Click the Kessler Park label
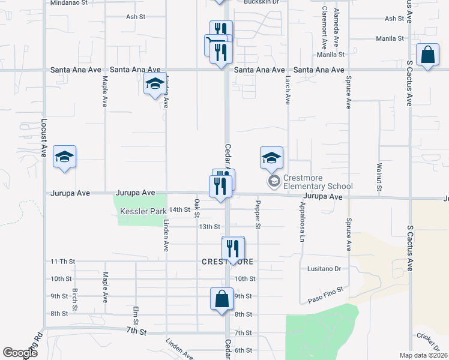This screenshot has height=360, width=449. point(143,212)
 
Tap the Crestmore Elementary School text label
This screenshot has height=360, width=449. point(318,181)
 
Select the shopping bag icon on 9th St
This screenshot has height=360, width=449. point(221,299)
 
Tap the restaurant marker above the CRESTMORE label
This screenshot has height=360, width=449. point(233,248)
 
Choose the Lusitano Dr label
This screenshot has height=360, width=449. point(324,269)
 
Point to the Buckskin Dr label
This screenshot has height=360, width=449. point(262,2)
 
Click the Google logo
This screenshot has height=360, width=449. point(20,353)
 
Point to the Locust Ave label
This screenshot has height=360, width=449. point(43,138)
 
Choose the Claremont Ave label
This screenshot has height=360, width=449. point(324,28)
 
